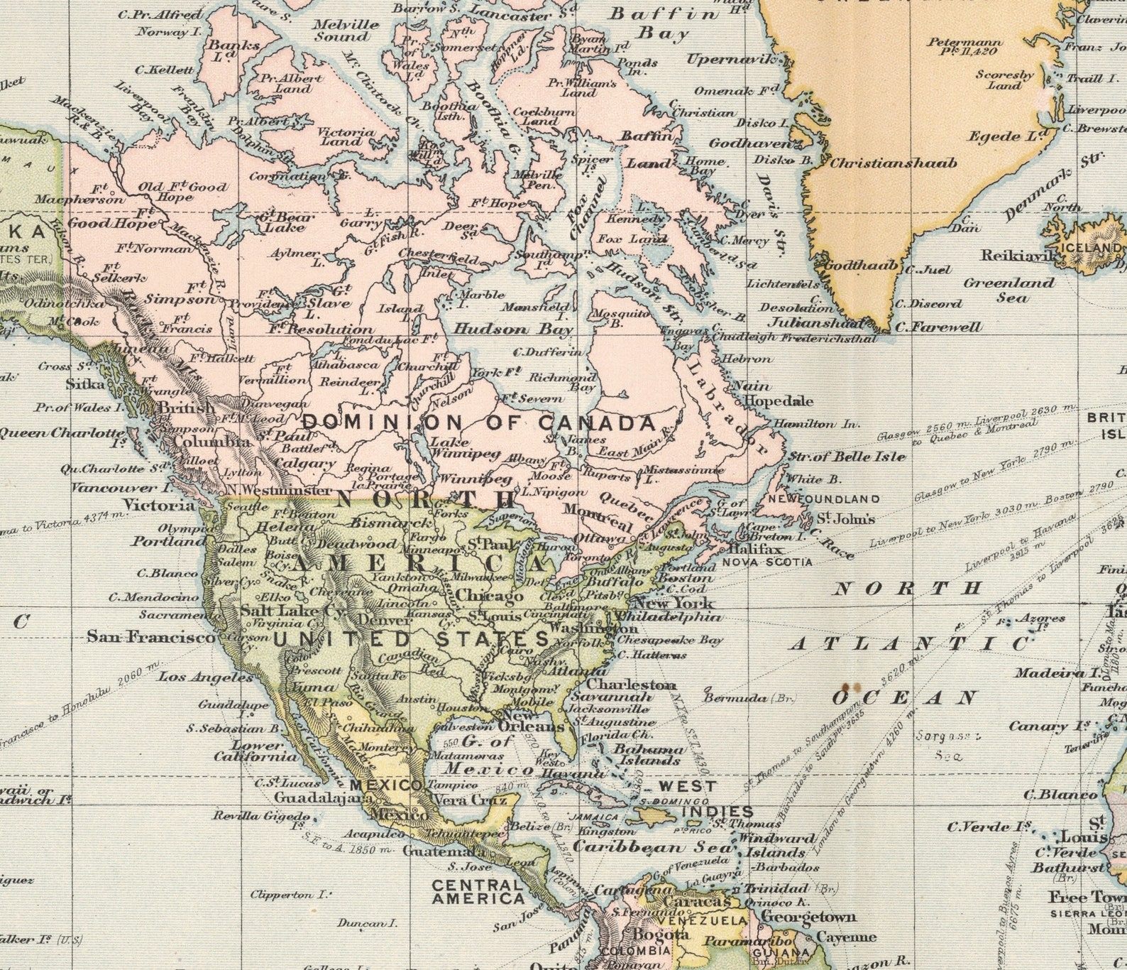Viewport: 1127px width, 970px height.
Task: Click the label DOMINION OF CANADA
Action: click(479, 424)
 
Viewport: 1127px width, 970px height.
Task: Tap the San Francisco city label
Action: click(150, 637)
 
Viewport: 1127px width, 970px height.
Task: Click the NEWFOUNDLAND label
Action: click(815, 499)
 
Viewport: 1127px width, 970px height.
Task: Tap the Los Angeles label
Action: click(205, 677)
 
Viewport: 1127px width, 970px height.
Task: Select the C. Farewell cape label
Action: click(938, 327)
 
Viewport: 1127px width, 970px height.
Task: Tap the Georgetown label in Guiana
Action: click(808, 916)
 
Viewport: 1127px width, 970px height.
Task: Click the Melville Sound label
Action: click(346, 30)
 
